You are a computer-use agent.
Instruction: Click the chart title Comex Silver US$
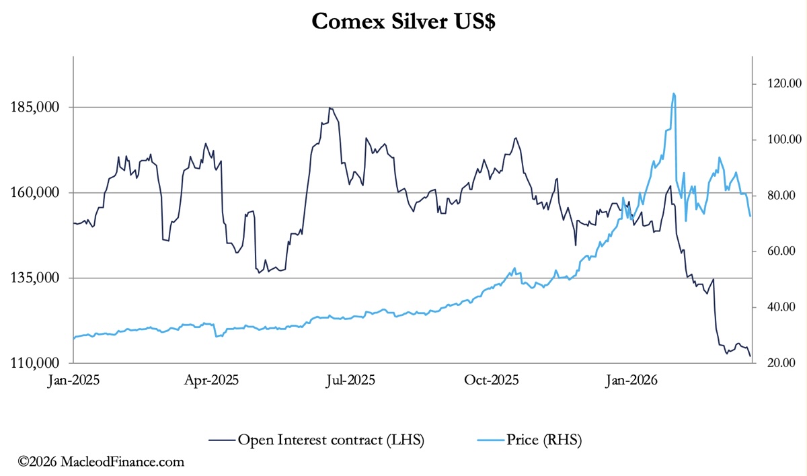[x=403, y=22]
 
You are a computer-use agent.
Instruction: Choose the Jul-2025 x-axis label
[x=351, y=381]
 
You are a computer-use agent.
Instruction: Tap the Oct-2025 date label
[x=492, y=381]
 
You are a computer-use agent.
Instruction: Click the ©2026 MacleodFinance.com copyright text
[x=101, y=463]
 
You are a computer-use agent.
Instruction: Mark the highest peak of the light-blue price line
[x=673, y=93]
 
